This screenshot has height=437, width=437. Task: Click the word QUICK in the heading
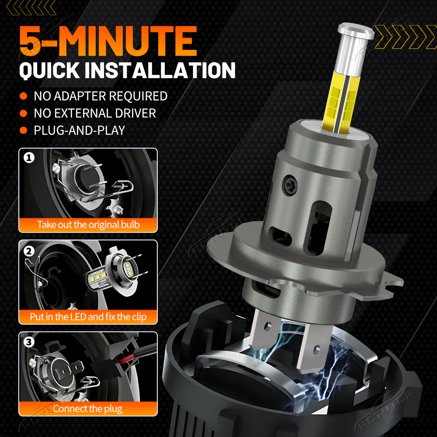[50, 70]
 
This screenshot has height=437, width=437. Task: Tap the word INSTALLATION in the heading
[160, 70]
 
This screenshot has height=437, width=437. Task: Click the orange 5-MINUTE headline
[108, 41]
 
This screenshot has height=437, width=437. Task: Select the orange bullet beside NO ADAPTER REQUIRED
[24, 96]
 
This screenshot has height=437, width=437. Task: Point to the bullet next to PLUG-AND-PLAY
[24, 130]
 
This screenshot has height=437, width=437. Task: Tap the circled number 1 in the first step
[29, 158]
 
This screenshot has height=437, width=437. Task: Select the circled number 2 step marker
[29, 251]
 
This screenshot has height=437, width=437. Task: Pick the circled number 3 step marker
[29, 342]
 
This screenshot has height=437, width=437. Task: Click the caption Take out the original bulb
[88, 225]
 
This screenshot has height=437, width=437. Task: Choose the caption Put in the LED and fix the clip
[88, 317]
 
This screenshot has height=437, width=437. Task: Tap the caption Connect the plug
[87, 409]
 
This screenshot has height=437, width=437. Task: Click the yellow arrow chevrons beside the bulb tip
[406, 37]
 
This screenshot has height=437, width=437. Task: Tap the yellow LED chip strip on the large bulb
[340, 103]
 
